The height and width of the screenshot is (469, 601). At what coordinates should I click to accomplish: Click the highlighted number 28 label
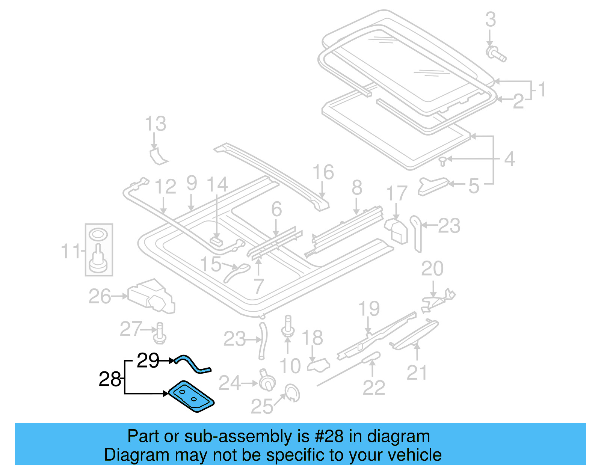pos(109,379)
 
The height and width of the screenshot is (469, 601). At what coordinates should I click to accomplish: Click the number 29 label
pos(148,361)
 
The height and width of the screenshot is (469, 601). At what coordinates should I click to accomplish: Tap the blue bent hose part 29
pos(193,364)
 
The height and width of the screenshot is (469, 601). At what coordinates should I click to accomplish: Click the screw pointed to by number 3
pos(495,54)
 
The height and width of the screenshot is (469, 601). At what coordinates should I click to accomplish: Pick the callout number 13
pos(156,124)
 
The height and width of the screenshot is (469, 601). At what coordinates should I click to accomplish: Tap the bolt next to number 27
pos(160,333)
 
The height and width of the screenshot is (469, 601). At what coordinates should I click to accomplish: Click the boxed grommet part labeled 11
pos(98,250)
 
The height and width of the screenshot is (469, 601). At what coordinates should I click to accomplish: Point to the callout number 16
pos(323,172)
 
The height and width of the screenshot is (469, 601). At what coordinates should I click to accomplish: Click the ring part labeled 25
pos(293,393)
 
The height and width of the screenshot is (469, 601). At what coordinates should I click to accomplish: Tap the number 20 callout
pos(432,268)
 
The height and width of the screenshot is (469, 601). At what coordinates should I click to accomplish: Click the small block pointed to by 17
pos(396,230)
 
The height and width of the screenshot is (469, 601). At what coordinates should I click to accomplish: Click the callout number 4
pos(509,159)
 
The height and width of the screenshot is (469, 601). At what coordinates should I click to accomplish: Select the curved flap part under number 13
pos(158,157)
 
